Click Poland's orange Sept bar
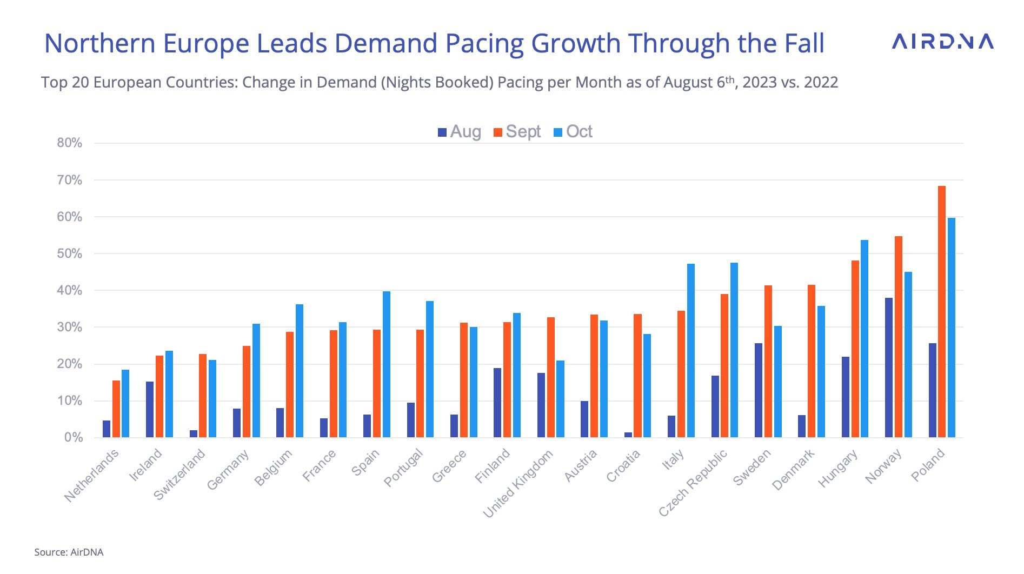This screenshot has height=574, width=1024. [x=942, y=311]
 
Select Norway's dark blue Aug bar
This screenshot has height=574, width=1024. [x=889, y=368]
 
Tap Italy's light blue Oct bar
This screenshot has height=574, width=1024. [x=691, y=350]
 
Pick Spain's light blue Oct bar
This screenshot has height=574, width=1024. [x=387, y=364]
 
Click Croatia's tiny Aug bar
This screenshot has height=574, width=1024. [x=628, y=435]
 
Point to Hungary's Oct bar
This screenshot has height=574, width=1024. [x=865, y=338]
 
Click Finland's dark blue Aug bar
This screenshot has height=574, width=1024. [x=497, y=403]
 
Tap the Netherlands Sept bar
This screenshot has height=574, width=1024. [x=116, y=409]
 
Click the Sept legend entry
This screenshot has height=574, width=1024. [x=517, y=132]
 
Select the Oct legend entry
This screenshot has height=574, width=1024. [x=574, y=132]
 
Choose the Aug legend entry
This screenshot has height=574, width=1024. [x=460, y=132]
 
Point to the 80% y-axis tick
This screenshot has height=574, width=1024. [x=70, y=143]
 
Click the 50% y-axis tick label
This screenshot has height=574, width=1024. [x=70, y=253]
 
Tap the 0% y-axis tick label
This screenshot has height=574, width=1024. [x=73, y=437]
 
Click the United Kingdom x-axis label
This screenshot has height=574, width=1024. [x=518, y=484]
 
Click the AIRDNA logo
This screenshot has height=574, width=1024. [x=942, y=42]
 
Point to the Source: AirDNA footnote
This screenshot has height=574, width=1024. [x=69, y=552]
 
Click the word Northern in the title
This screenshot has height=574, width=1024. [x=100, y=43]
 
